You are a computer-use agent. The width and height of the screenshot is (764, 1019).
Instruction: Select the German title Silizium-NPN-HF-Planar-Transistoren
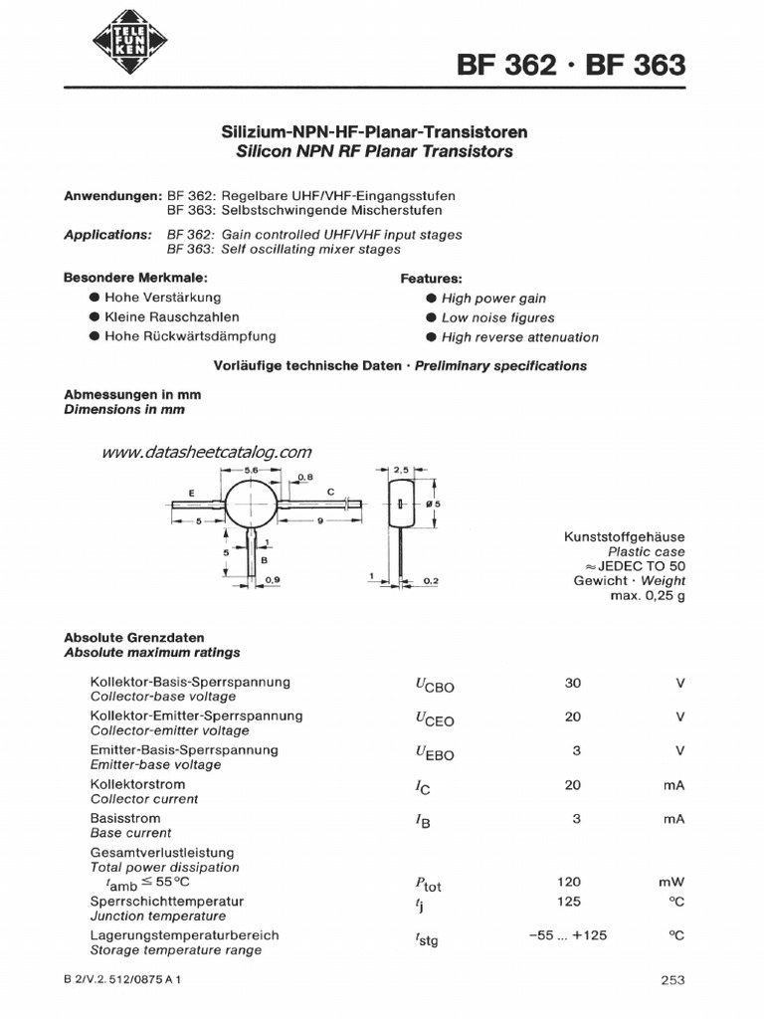[373, 132]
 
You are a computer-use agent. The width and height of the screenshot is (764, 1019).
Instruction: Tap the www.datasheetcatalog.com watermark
[207, 452]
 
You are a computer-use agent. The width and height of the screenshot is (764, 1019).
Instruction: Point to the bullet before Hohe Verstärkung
[94, 298]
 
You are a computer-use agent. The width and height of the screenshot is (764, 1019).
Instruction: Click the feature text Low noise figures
[497, 317]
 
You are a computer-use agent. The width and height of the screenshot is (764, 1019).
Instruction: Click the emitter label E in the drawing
[190, 494]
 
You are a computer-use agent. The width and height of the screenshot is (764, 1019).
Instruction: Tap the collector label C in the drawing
[329, 493]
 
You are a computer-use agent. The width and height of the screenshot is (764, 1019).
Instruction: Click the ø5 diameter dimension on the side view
[431, 505]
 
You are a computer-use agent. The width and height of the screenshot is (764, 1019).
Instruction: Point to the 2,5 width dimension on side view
[401, 469]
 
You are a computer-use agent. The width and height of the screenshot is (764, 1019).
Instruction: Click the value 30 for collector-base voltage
[572, 684]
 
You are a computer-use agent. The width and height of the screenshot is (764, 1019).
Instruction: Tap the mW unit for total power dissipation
[671, 882]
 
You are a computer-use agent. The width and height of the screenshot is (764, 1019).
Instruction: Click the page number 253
[672, 980]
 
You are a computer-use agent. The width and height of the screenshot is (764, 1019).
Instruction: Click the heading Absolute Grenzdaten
[134, 637]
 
